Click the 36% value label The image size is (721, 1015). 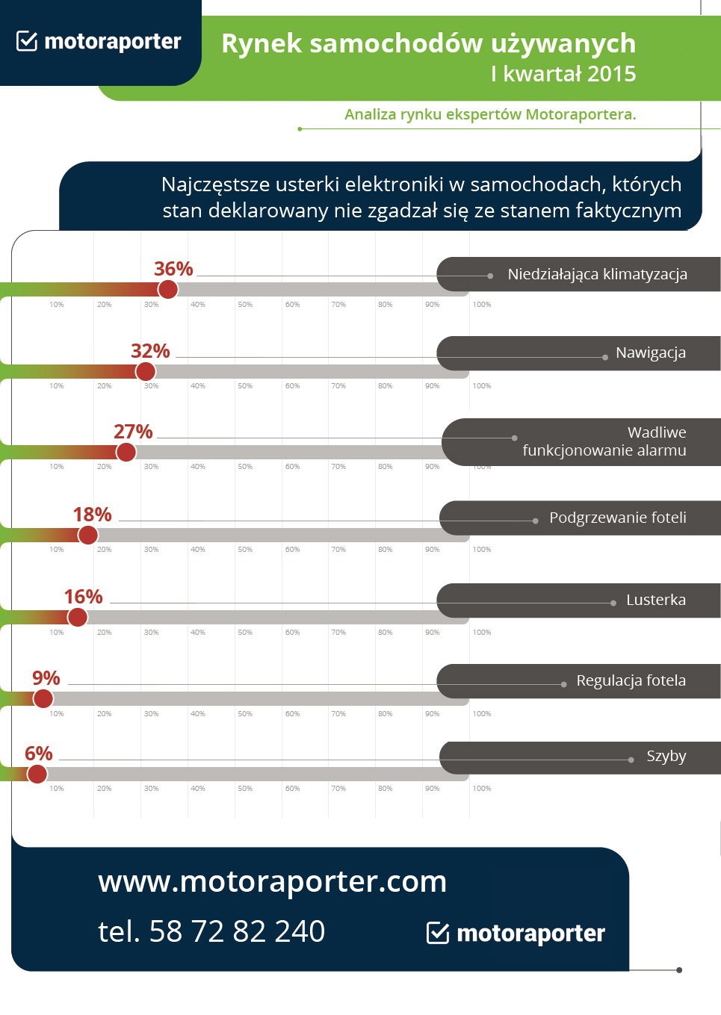pyautogui.click(x=173, y=269)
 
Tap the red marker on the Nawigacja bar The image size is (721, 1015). pyautogui.click(x=145, y=371)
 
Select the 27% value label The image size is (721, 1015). pyautogui.click(x=133, y=432)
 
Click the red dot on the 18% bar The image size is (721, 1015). pyautogui.click(x=88, y=535)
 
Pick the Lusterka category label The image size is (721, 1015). pyautogui.click(x=655, y=600)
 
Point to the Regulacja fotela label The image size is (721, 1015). pyautogui.click(x=631, y=680)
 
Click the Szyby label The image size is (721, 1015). pyautogui.click(x=666, y=756)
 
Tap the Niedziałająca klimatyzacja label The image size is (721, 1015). pyautogui.click(x=597, y=274)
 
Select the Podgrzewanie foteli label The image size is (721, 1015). pyautogui.click(x=617, y=518)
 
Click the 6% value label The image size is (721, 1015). pyautogui.click(x=39, y=754)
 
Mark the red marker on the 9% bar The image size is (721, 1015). pyautogui.click(x=43, y=698)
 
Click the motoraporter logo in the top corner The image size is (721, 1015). pyautogui.click(x=99, y=41)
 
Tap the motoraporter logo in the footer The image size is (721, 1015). pyautogui.click(x=516, y=933)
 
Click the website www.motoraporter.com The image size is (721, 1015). pyautogui.click(x=272, y=881)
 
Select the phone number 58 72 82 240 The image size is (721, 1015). pyautogui.click(x=237, y=931)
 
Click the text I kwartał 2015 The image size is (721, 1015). pyautogui.click(x=563, y=74)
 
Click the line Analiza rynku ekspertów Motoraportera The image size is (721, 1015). pyautogui.click(x=490, y=114)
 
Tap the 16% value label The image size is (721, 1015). pyautogui.click(x=83, y=597)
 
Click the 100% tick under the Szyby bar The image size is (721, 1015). pyautogui.click(x=482, y=789)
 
